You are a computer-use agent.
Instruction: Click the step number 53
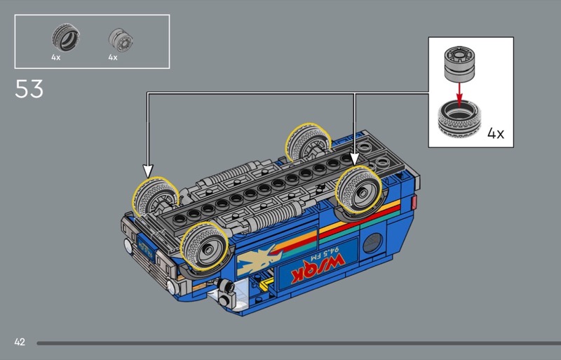coord(29,89)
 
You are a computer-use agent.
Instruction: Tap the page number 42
coord(20,342)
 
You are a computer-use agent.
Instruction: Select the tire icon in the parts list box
coord(65,37)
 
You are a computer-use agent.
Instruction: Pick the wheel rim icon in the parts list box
coord(121,40)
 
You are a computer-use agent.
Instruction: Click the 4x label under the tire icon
coord(56,58)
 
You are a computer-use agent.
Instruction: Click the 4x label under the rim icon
coord(113,58)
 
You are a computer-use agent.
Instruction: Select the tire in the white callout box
coord(459,119)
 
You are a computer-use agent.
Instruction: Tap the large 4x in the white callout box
coord(496,133)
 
